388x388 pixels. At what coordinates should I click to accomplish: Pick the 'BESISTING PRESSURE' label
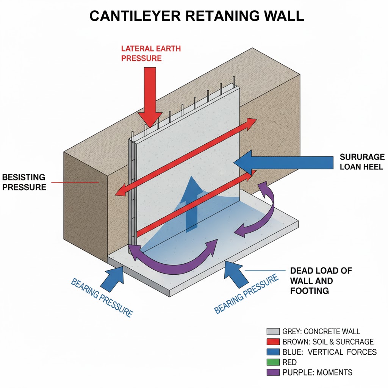pos(23,182)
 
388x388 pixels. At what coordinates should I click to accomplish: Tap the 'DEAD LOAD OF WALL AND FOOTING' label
pos(321,281)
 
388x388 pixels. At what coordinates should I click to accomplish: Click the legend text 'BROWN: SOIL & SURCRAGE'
pos(328,342)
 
